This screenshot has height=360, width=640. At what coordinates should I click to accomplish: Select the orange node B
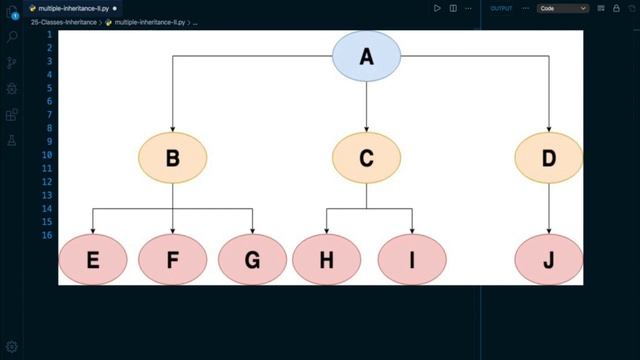pyautogui.click(x=172, y=157)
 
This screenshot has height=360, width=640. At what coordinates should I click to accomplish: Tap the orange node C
pyautogui.click(x=366, y=157)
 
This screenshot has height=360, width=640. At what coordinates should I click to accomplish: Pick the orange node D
pyautogui.click(x=548, y=157)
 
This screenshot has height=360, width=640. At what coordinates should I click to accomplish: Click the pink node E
pyautogui.click(x=93, y=260)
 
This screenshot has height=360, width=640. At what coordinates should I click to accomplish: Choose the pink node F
pyautogui.click(x=172, y=260)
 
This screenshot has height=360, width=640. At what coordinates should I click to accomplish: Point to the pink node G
pyautogui.click(x=252, y=260)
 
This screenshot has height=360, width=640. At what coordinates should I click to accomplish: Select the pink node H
pyautogui.click(x=326, y=260)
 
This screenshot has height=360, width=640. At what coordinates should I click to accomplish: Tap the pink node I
pyautogui.click(x=412, y=260)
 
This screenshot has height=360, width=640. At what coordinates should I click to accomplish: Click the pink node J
pyautogui.click(x=548, y=260)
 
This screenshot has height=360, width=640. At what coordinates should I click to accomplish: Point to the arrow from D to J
pyautogui.click(x=548, y=208)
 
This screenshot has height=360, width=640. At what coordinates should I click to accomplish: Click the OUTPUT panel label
pyautogui.click(x=502, y=8)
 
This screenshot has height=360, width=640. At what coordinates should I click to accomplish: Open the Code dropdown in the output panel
pyautogui.click(x=563, y=8)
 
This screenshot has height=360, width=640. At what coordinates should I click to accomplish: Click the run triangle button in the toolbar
pyautogui.click(x=437, y=8)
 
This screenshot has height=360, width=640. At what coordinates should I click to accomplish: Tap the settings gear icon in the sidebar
pyautogui.click(x=12, y=346)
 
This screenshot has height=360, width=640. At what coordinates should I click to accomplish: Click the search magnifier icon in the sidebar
pyautogui.click(x=12, y=37)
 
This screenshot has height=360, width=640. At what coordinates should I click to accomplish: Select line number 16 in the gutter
pyautogui.click(x=47, y=235)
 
